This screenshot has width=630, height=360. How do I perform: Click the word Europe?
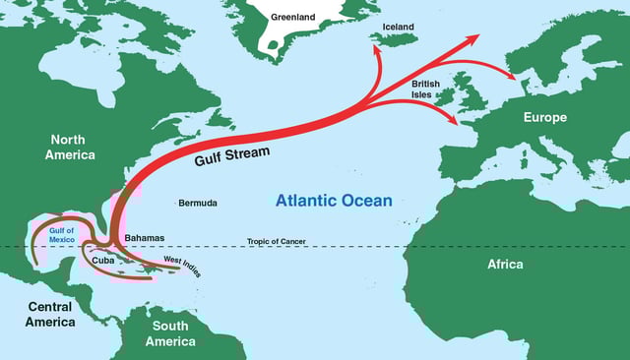point(544,118)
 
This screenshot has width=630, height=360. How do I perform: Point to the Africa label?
point(505,264)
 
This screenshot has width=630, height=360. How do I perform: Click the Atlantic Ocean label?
point(334,201)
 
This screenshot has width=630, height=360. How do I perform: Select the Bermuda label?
point(198,204)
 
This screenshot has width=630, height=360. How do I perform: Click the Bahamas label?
point(145,238)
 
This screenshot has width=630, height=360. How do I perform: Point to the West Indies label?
point(182,266)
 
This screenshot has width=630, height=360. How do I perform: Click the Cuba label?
point(102,261)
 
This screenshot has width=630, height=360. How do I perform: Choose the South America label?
point(170,333)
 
